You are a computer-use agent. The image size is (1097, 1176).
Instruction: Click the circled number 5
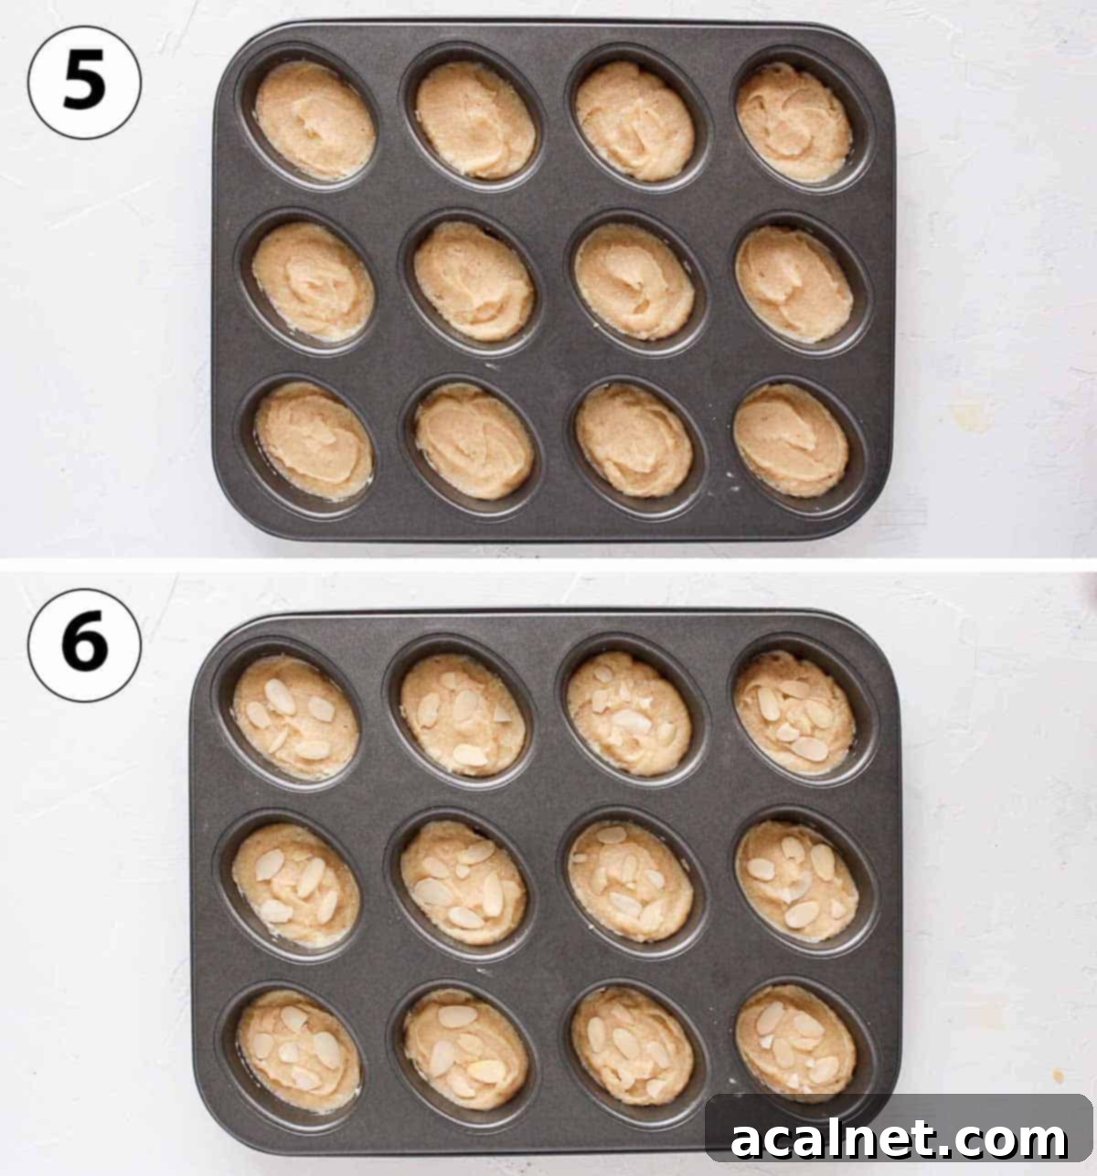(84, 82)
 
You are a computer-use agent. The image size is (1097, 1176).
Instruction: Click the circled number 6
(84, 645)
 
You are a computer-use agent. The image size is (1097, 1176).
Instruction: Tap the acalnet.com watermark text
(900, 1139)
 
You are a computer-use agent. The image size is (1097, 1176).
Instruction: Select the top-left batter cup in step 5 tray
(314, 120)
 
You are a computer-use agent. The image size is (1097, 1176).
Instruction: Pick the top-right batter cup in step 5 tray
(793, 122)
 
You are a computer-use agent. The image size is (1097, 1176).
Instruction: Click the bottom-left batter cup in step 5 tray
(314, 440)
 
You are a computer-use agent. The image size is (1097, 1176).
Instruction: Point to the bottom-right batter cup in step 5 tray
(791, 440)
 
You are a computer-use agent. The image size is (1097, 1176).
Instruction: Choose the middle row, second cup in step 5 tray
(474, 281)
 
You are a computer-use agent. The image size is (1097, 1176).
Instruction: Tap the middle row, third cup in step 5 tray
(634, 281)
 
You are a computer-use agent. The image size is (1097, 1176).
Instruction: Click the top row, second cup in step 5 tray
(474, 119)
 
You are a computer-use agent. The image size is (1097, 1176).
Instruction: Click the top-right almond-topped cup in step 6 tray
(794, 713)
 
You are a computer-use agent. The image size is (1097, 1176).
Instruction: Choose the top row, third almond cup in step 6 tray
(628, 714)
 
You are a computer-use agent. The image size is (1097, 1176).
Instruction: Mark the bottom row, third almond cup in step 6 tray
(632, 1044)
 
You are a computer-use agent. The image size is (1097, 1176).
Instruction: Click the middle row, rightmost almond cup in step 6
(797, 880)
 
